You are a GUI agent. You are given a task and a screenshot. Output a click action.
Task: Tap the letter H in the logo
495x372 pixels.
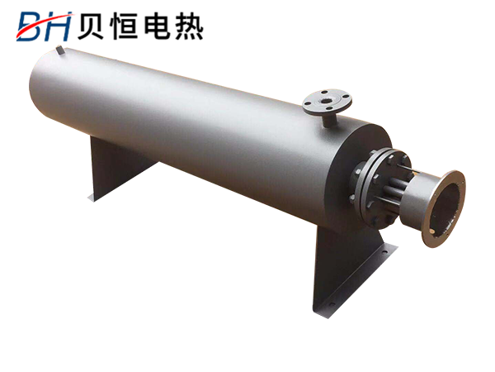tap(59, 27)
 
